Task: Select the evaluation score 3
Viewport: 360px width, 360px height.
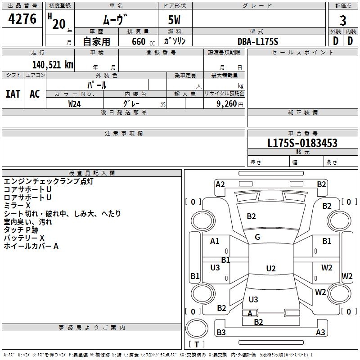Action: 343,21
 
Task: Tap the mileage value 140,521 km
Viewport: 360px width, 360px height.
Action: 53,64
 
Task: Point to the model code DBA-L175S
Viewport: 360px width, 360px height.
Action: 258,41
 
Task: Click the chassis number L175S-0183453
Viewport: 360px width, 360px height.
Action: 302,143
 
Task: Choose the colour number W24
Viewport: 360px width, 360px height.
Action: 75,103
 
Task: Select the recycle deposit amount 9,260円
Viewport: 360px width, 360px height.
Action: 229,104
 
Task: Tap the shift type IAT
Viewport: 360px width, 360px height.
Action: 13,94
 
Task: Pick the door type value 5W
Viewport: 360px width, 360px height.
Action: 175,21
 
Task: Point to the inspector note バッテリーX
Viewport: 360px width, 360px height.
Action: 24,238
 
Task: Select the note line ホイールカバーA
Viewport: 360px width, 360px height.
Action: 31,246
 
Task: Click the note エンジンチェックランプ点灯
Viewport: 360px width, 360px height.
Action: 49,181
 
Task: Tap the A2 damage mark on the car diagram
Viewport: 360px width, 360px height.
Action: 220,184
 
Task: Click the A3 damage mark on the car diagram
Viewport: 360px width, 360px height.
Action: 320,333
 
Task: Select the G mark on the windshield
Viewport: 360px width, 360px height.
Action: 257,237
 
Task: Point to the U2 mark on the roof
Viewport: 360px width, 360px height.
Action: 270,269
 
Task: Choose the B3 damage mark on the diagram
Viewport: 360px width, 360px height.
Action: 221,333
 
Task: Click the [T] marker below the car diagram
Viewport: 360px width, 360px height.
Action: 197,344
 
